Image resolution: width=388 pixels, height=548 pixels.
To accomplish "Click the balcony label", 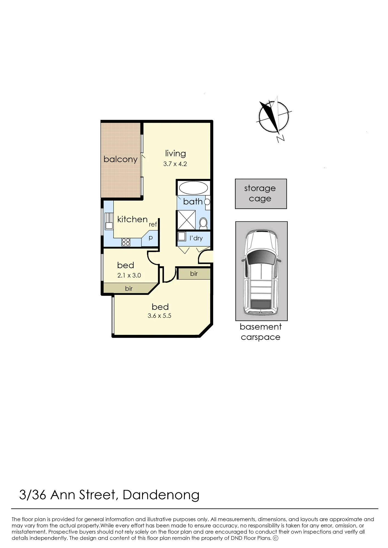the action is (120, 159).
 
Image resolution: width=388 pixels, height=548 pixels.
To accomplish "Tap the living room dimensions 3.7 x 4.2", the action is (175, 164).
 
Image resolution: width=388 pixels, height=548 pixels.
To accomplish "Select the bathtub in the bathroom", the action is (193, 188).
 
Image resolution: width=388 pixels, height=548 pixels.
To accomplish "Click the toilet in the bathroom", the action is (203, 223).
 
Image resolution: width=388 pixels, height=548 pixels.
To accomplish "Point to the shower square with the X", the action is (186, 220).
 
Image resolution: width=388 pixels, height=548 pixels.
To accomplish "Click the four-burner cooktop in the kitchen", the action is (126, 242).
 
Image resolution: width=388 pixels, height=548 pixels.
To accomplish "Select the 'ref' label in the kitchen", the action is (153, 224).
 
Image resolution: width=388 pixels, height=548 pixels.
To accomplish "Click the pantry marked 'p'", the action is (151, 237).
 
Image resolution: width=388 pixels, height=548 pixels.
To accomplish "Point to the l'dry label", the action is (196, 238).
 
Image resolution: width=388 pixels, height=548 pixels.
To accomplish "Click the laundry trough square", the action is (182, 236).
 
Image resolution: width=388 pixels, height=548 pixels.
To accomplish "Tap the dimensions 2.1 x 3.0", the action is (129, 275).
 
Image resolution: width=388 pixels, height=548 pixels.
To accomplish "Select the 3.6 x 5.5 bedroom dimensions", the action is (159, 316).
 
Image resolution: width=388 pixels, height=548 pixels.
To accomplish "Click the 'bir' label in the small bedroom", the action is (129, 289).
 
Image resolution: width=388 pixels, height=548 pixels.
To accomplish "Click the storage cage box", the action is (261, 194).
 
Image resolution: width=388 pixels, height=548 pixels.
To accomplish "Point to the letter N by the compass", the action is (280, 139).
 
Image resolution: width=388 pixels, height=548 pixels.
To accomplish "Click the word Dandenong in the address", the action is (161, 495).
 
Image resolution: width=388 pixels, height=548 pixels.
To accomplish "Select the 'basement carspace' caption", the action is (260, 332).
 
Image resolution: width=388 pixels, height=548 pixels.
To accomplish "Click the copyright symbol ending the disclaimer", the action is (275, 538).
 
